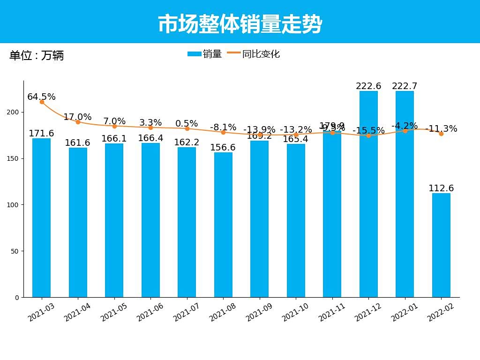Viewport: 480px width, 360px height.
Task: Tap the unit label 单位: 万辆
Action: (37, 56)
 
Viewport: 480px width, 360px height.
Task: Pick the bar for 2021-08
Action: (223, 225)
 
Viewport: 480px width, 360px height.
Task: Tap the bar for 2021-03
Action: (42, 217)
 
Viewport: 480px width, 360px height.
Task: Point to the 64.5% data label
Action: (41, 97)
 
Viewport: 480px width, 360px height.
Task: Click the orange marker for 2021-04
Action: (78, 122)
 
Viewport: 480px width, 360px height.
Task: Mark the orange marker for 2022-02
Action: (441, 134)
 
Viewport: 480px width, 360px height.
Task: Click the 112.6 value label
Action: (441, 188)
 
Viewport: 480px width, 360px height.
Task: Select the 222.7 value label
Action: (405, 86)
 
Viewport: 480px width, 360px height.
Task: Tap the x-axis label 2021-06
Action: (150, 312)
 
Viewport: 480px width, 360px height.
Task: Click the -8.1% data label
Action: (223, 127)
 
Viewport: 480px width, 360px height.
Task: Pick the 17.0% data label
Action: (78, 117)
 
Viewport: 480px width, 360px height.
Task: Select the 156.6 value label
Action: (223, 148)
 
